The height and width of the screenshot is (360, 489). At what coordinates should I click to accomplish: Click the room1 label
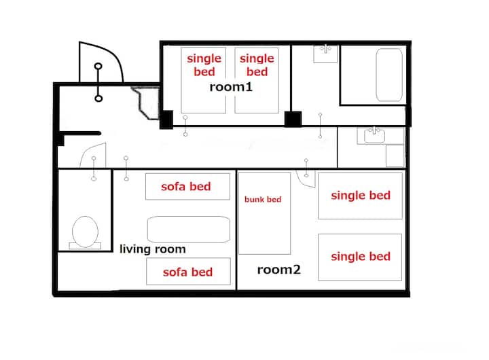coord(231,87)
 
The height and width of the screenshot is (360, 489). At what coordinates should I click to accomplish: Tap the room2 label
coord(279,270)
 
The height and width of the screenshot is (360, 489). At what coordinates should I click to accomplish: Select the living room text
coord(153,249)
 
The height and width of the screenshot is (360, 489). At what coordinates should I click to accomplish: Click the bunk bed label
coord(263,199)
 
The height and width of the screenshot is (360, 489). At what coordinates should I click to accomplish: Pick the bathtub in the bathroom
coord(389,75)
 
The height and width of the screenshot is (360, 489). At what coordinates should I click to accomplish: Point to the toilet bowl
coord(85,232)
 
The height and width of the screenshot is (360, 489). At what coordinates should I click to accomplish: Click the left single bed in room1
coord(203,80)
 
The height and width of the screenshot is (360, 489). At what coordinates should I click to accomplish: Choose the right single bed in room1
coord(257,80)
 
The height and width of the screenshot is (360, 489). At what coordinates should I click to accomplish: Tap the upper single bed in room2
coord(360,196)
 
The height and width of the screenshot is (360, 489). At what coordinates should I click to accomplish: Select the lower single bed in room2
coord(360,257)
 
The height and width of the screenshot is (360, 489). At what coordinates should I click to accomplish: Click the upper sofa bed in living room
coord(187,187)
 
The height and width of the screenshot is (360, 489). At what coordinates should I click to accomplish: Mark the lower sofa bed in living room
coord(188,272)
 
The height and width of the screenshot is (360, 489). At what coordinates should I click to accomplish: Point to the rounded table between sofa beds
coord(189,230)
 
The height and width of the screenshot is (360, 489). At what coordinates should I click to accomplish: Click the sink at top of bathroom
coord(325,54)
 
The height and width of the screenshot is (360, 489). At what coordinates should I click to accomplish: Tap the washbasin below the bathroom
coord(374,136)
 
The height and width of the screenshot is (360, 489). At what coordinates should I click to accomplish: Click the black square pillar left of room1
coord(166,120)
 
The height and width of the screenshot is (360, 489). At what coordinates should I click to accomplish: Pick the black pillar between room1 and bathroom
coord(293,119)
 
